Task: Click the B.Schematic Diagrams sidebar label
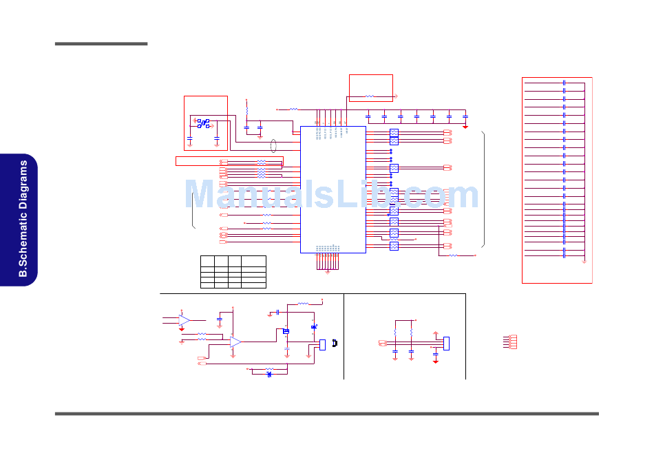[x=23, y=219]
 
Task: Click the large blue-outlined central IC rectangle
[x=333, y=189]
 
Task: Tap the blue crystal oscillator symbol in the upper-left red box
[x=203, y=123]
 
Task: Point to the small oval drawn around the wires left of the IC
[x=274, y=146]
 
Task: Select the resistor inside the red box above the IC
[x=370, y=97]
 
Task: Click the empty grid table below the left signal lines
[x=233, y=271]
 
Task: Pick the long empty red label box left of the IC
[x=229, y=161]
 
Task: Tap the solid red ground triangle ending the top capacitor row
[x=465, y=126]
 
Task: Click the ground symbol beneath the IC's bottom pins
[x=327, y=271]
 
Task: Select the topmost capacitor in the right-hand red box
[x=564, y=83]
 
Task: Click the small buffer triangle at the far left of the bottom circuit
[x=184, y=320]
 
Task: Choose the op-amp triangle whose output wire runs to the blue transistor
[x=235, y=342]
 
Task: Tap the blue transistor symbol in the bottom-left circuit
[x=286, y=332]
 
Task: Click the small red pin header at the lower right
[x=512, y=342]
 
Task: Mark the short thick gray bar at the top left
[x=101, y=44]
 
